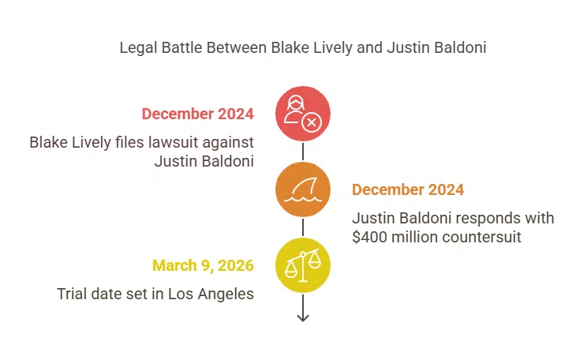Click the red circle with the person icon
coord(303,114)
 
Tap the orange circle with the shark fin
coord(303,189)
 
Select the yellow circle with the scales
coord(303,264)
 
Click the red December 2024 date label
coord(197,114)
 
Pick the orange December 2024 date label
coord(408,189)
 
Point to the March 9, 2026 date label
coord(203,264)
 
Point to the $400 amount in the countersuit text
coord(369,236)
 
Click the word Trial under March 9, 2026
coord(73,294)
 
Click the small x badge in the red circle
coord(312,122)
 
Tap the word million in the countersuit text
coord(416,236)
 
